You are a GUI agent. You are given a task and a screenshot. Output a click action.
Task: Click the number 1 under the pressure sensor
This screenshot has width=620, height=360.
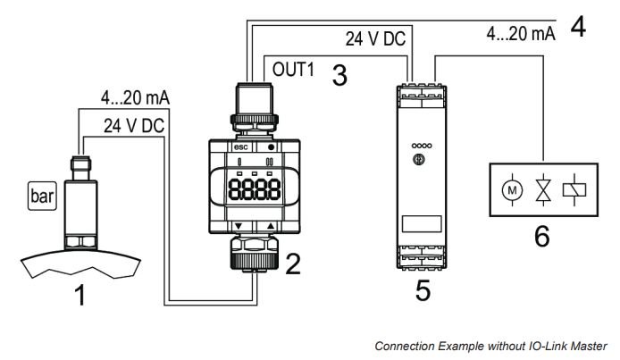(x=81, y=294)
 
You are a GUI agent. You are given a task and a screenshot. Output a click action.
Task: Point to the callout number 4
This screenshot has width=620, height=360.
(x=578, y=26)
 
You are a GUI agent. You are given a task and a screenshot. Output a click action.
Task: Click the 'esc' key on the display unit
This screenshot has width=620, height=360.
(x=239, y=147)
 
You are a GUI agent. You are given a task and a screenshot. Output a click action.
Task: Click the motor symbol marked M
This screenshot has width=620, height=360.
(x=509, y=188)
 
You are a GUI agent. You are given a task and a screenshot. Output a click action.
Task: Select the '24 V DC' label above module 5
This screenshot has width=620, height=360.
(x=375, y=40)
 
